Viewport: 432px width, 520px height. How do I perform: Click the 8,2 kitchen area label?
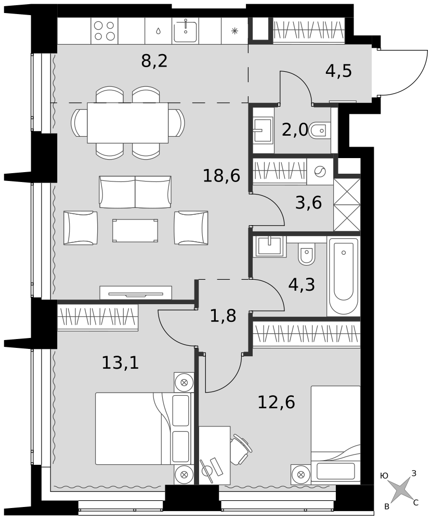tap(154, 61)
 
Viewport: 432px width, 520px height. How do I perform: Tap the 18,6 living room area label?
tap(221, 175)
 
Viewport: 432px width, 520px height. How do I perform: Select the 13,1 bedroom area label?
tap(120, 362)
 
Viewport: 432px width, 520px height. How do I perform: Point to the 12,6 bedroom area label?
tap(276, 402)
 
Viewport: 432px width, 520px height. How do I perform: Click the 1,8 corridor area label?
tap(223, 316)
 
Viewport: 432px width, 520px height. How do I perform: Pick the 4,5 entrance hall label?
tap(338, 71)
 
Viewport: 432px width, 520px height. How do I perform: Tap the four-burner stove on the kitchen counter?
tap(104, 31)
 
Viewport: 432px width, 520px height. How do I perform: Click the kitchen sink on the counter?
tap(186, 31)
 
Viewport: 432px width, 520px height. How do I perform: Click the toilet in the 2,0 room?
tap(320, 131)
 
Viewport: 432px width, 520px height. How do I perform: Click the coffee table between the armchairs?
tap(135, 230)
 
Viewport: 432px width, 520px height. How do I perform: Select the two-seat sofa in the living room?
tap(135, 192)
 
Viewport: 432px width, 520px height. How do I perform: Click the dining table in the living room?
tap(128, 123)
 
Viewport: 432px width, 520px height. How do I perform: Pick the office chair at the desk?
tap(241, 450)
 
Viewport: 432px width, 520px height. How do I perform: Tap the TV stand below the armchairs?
tap(136, 293)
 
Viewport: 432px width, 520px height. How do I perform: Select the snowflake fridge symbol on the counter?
tap(235, 31)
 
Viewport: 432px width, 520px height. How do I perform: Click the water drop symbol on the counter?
tap(159, 31)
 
